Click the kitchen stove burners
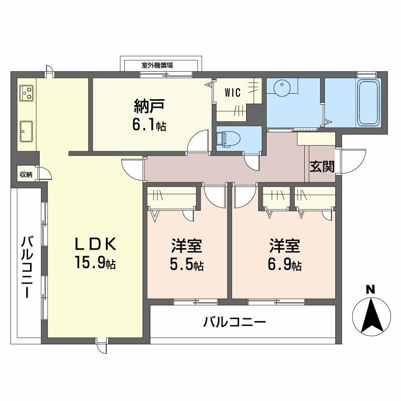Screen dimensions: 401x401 click(x=27, y=93)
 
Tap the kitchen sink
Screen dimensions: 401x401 click(x=27, y=131)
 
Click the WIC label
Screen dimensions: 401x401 click(x=233, y=92)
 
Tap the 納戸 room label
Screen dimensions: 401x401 click(x=149, y=107)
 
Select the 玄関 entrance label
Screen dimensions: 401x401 click(x=322, y=167)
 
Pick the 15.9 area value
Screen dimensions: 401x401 click(x=90, y=262)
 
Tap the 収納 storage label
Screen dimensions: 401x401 click(x=27, y=174)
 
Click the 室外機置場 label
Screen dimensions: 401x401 click(x=157, y=66)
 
